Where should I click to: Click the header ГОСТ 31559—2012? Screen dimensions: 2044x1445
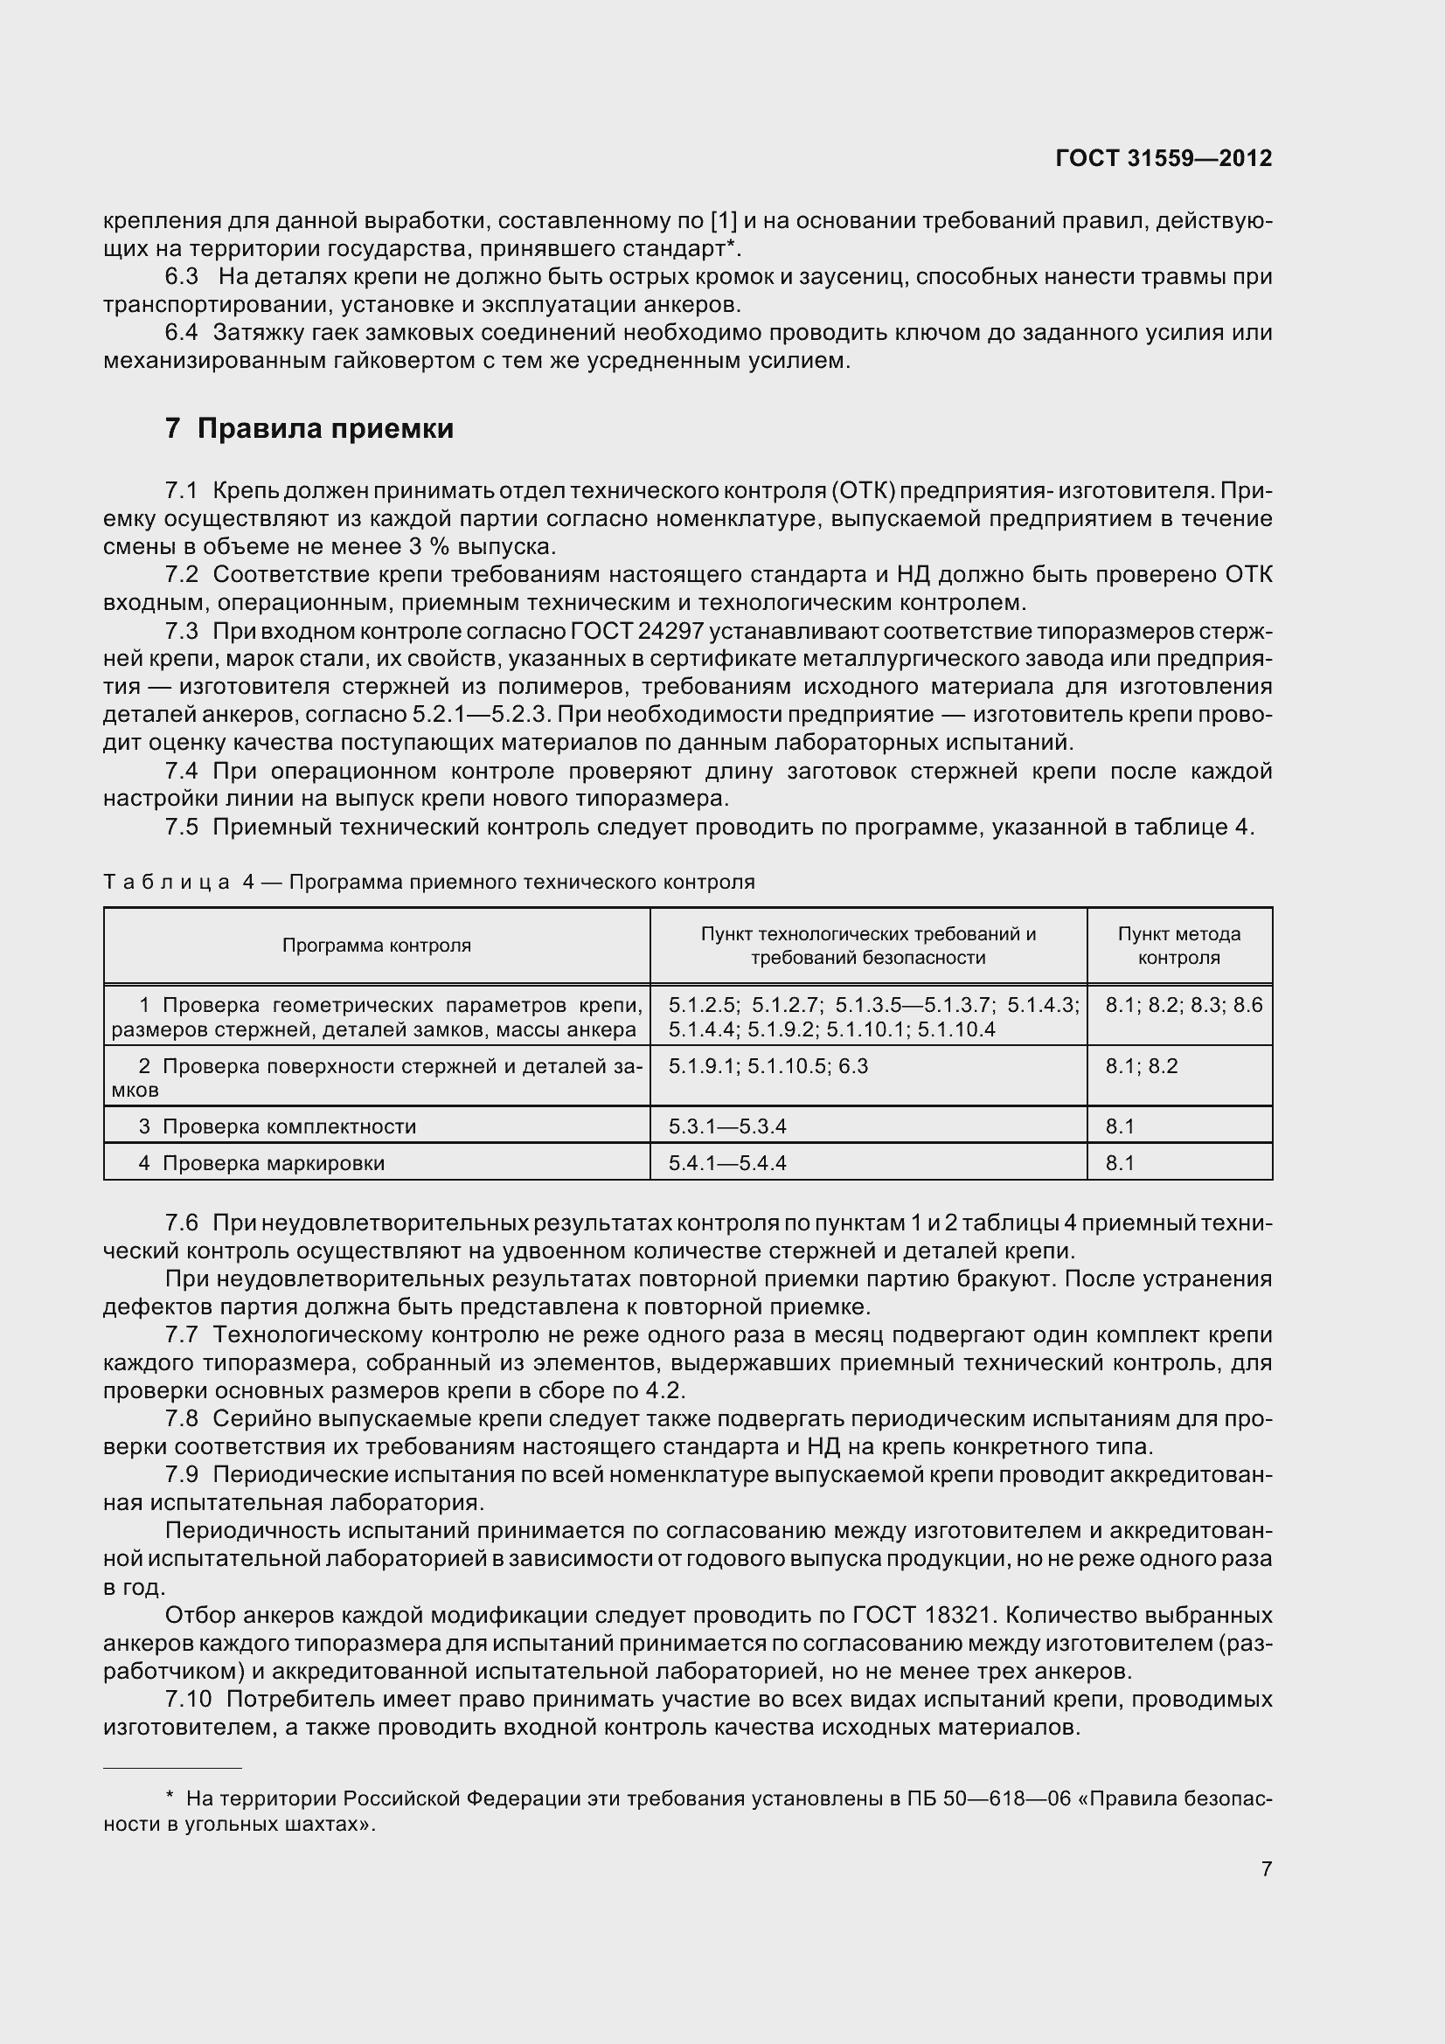[1163, 158]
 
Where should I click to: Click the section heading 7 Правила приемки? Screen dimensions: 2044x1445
[309, 429]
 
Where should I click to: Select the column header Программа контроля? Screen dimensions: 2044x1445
[377, 946]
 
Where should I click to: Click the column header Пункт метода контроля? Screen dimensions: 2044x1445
[1178, 946]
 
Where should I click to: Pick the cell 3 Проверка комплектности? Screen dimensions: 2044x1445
[277, 1126]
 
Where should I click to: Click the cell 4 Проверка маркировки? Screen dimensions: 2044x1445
[261, 1162]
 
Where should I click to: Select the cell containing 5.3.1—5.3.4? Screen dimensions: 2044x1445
[727, 1126]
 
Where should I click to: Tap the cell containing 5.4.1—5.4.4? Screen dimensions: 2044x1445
[727, 1162]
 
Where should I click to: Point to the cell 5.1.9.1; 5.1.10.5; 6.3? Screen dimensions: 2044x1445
[768, 1065]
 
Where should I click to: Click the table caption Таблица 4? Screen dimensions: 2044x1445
[178, 883]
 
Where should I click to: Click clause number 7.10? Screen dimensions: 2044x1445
[188, 1699]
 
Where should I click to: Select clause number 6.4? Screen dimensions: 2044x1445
[182, 333]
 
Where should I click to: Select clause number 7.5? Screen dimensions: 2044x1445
[182, 827]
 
